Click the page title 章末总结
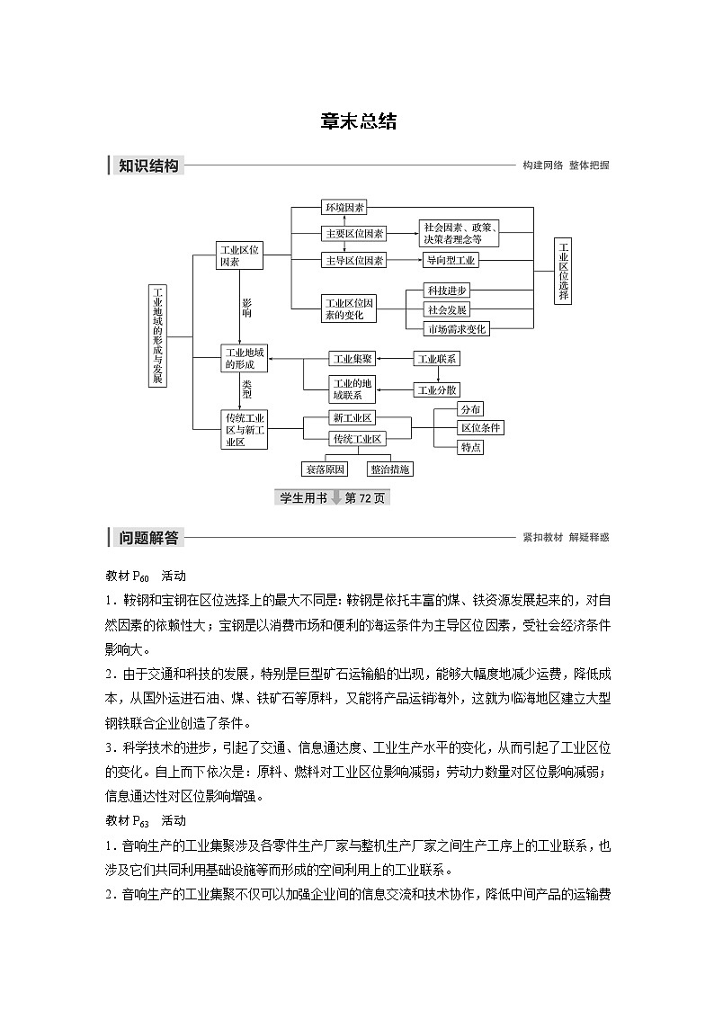coord(358,122)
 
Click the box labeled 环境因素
coord(344,208)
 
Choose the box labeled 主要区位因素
coord(354,234)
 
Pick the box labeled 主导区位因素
coord(354,260)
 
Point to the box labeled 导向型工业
coord(452,260)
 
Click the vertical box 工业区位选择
coord(563,272)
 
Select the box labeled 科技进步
coord(448,291)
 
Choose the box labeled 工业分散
coord(437,389)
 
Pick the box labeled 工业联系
coord(437,358)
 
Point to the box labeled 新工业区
coord(353,418)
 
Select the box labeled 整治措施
coord(390,469)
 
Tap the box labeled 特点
coord(471,447)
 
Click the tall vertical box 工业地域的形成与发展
coord(157,336)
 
